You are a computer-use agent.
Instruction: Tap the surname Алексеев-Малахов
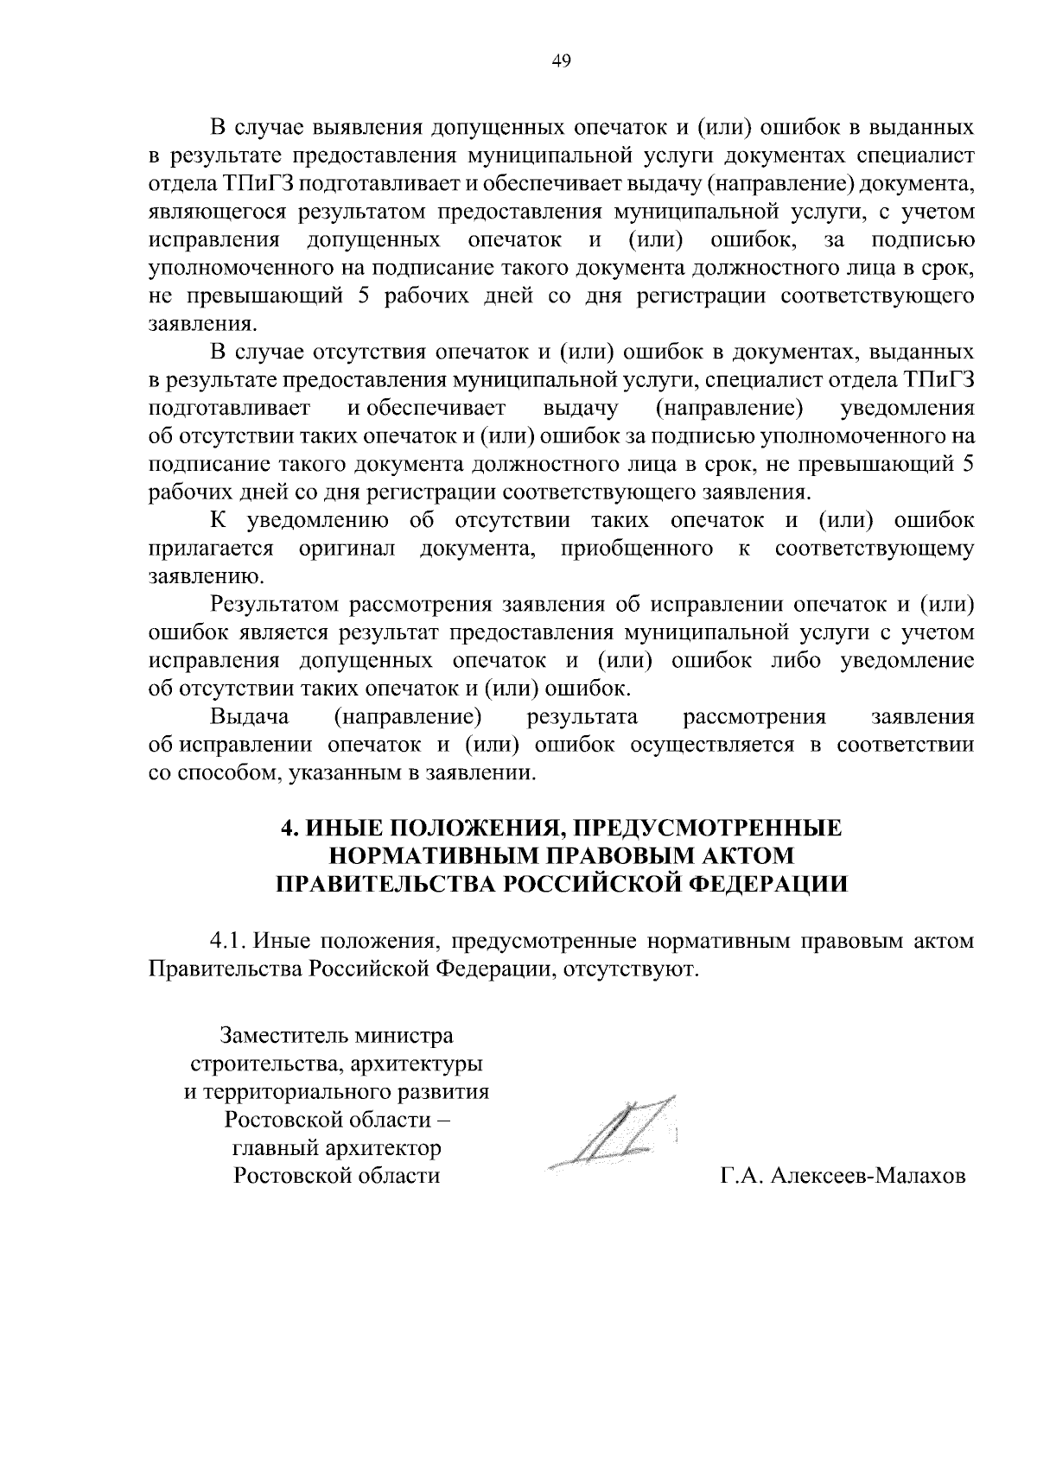pos(867,1176)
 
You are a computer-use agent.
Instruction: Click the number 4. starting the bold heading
pos(290,828)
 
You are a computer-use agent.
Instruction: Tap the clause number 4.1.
pos(230,940)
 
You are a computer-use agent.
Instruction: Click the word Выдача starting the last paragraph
pos(250,716)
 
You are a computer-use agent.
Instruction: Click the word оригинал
pos(347,549)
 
